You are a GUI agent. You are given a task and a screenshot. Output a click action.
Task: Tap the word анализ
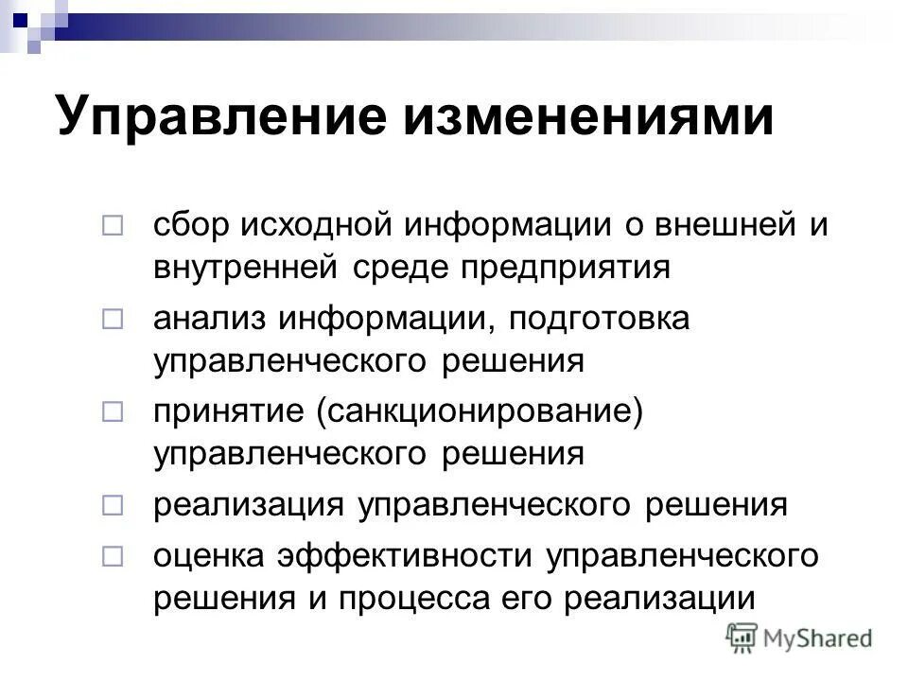pos(210,320)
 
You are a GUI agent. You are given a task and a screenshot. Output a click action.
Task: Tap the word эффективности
pos(408,555)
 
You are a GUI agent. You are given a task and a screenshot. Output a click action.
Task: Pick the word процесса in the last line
pos(455,599)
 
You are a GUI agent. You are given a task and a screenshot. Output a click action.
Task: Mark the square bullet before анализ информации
pos(113,321)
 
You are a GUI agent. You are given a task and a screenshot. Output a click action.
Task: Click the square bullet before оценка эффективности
pos(113,556)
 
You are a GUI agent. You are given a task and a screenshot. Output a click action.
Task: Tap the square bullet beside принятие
pos(113,413)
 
